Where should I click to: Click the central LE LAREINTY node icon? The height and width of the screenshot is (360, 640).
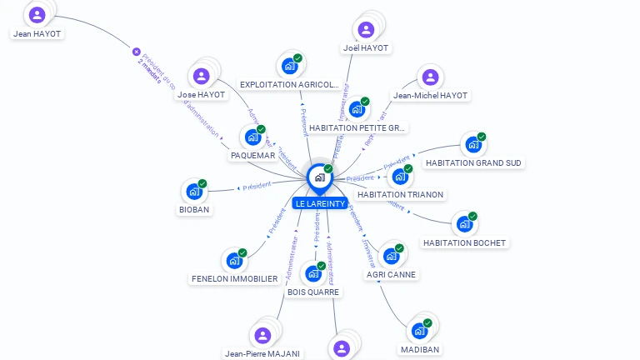[319, 177]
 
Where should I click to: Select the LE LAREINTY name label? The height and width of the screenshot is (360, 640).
[320, 203]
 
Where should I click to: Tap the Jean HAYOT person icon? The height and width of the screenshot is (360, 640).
[37, 15]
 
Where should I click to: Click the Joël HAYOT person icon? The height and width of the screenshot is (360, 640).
[366, 29]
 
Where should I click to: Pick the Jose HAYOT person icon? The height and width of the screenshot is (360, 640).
[201, 77]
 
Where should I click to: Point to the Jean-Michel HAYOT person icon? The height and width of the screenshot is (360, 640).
[430, 77]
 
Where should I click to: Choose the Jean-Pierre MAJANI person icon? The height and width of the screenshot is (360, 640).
[262, 335]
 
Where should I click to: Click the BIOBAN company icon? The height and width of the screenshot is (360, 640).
[194, 191]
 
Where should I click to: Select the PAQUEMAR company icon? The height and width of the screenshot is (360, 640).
[252, 137]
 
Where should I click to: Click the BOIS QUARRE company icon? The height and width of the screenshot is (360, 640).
[313, 273]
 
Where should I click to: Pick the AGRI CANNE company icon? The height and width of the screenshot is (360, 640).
[391, 256]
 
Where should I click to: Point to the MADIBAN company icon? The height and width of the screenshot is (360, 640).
[419, 331]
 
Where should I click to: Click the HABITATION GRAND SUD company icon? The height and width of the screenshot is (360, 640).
[473, 144]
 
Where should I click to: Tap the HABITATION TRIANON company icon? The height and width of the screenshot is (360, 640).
[401, 176]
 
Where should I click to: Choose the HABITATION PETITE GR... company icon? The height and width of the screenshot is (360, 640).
[357, 109]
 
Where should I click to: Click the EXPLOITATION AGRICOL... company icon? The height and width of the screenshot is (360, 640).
[289, 66]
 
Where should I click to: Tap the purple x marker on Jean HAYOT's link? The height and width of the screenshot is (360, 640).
[137, 52]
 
